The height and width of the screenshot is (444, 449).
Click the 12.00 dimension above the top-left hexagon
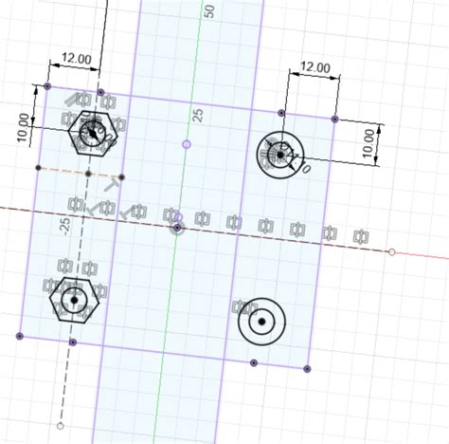[77, 59]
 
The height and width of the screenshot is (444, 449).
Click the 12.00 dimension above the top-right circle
[314, 67]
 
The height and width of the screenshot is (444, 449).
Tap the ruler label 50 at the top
[209, 11]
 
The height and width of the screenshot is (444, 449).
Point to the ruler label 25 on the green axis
[198, 115]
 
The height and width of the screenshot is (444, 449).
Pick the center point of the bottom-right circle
[260, 323]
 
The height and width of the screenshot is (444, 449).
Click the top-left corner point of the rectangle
[47, 87]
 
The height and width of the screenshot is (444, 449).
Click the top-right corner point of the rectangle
[334, 119]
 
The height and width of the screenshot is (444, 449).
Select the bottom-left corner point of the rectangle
[20, 336]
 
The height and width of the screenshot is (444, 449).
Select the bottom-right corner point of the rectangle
[306, 368]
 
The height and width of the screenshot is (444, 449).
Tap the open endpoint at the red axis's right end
[391, 251]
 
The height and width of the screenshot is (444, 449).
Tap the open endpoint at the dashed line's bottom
[60, 426]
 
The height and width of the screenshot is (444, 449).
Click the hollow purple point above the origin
[186, 144]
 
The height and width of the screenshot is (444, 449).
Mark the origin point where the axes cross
[176, 228]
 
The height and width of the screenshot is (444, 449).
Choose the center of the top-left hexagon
[93, 133]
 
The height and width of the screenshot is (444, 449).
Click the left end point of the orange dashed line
[38, 168]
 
